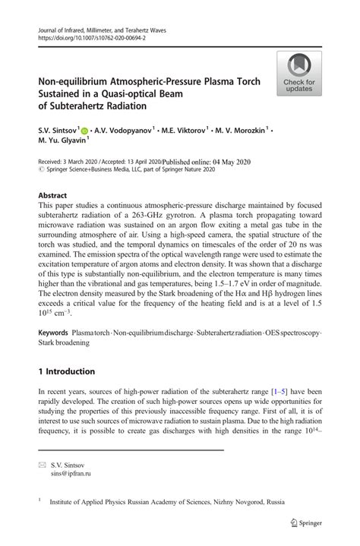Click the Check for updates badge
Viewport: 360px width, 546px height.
[300, 74]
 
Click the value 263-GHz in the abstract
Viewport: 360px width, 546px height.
[164, 215]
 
